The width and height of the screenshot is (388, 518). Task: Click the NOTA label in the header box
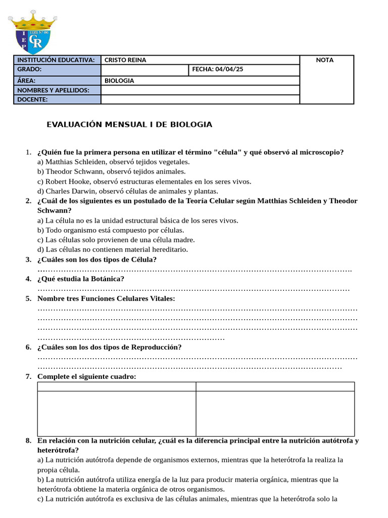coord(324,60)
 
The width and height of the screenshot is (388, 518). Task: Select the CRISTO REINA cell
coord(125,60)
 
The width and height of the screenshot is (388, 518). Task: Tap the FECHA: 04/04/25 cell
coord(218,69)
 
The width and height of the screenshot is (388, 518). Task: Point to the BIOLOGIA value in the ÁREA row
coord(119,80)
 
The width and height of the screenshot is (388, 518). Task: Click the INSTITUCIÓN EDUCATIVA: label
coord(56,60)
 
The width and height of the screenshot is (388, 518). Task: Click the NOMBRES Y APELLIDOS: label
coord(53,90)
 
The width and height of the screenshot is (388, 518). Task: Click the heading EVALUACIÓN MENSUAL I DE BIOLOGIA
coord(129,124)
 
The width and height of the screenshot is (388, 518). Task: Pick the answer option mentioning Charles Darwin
coord(128,191)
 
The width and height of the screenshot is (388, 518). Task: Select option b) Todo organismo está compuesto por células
coord(111,230)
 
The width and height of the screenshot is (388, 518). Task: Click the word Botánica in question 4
coord(107,279)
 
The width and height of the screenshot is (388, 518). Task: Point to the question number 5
coord(29,298)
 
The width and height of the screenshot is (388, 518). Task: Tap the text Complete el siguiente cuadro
coord(86,376)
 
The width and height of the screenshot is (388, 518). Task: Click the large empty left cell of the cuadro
coord(117,413)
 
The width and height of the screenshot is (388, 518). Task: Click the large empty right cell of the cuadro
coord(275,413)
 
